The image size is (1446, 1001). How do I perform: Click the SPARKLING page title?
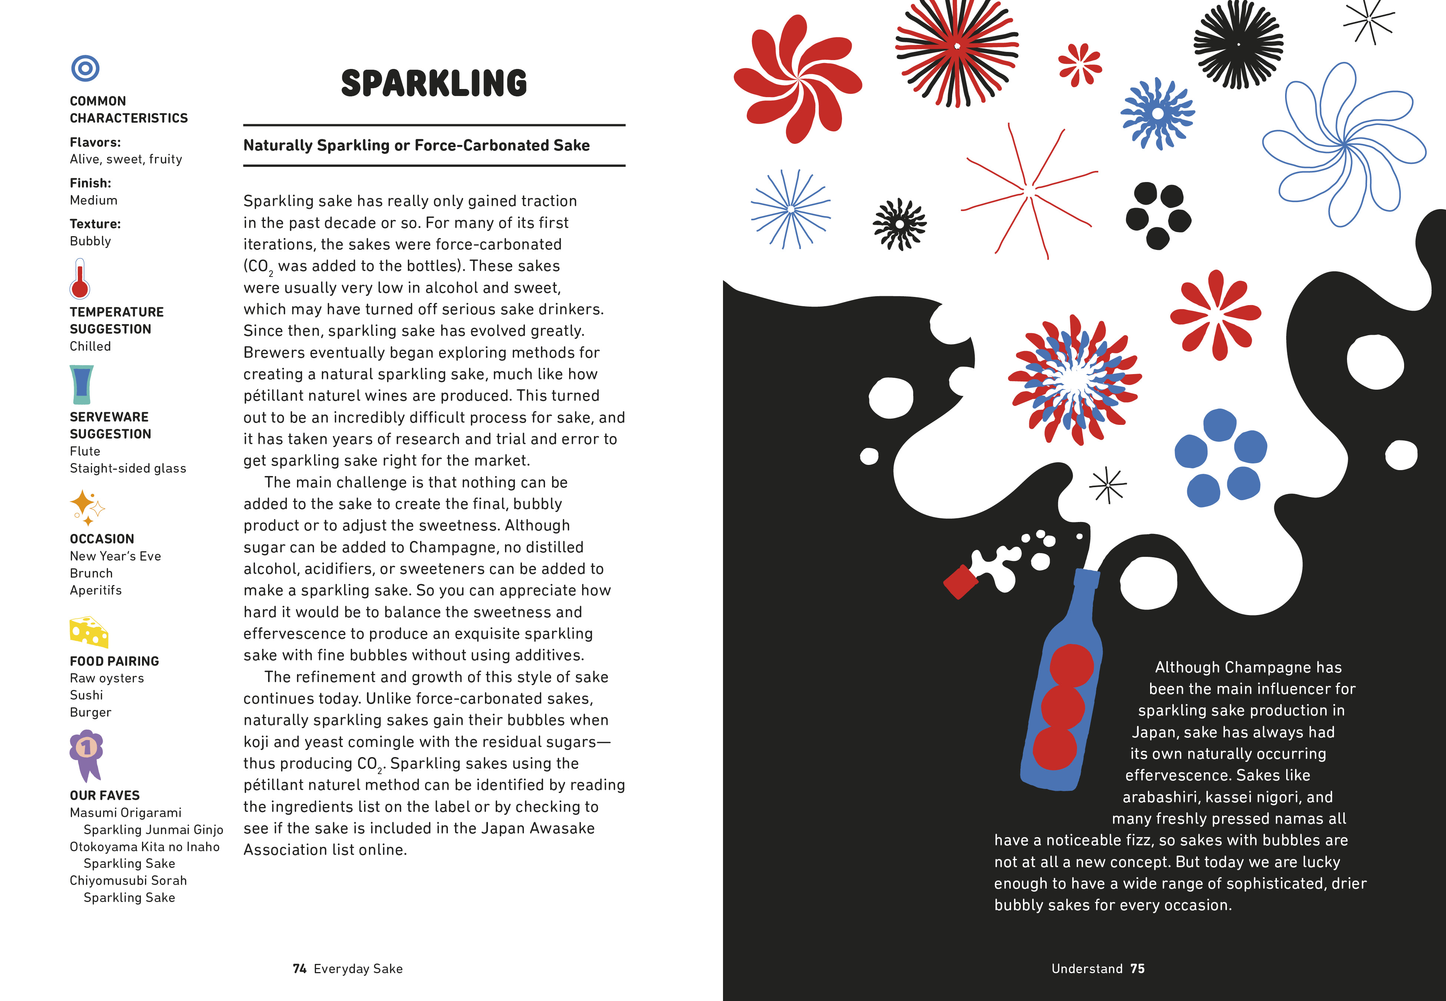[x=434, y=83]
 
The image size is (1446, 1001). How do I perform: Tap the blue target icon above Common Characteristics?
[x=85, y=68]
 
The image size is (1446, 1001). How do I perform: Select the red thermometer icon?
[x=80, y=279]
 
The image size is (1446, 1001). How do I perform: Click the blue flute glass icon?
[x=82, y=384]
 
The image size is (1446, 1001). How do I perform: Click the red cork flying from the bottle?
[x=960, y=582]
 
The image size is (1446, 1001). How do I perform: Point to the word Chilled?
[x=90, y=346]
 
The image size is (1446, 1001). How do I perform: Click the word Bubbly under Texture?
[x=90, y=241]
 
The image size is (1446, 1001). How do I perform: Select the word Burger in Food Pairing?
[x=90, y=713]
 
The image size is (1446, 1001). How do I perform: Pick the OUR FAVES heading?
[x=105, y=795]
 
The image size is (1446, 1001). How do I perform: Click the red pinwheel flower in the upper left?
[x=797, y=78]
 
